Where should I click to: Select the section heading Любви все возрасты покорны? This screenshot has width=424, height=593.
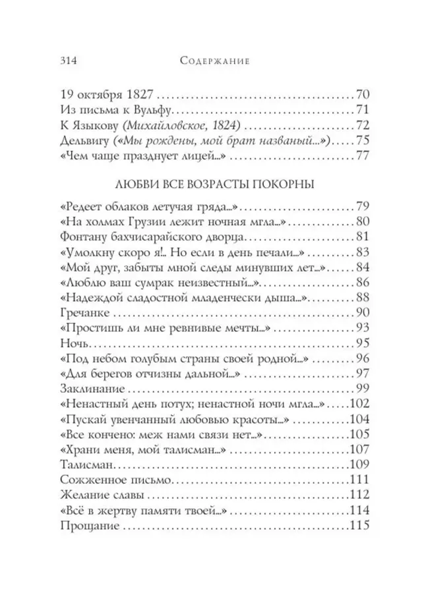(214, 185)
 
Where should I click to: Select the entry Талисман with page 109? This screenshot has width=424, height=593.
(84, 468)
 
